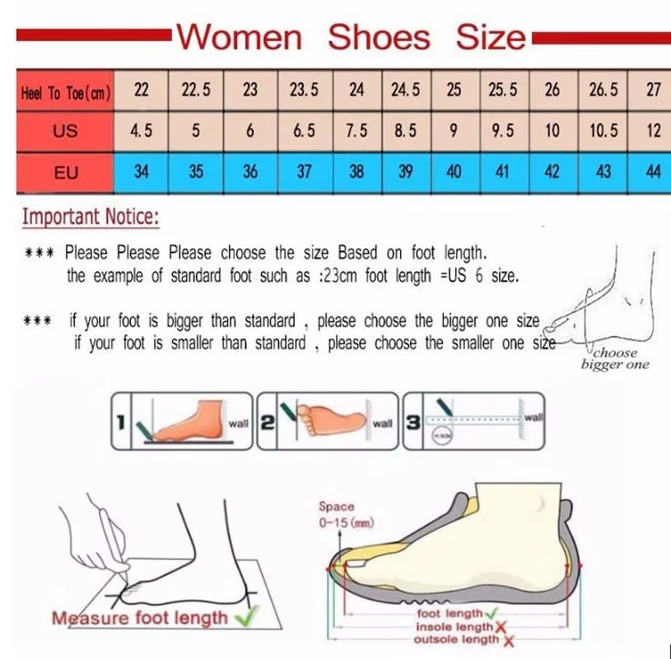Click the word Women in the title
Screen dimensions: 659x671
(240, 37)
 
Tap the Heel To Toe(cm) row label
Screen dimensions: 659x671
(65, 92)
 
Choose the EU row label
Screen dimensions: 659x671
(65, 173)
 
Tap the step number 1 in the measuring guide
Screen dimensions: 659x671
(121, 423)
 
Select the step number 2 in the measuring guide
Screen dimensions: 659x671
(266, 423)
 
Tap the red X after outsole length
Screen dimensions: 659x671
(508, 640)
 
